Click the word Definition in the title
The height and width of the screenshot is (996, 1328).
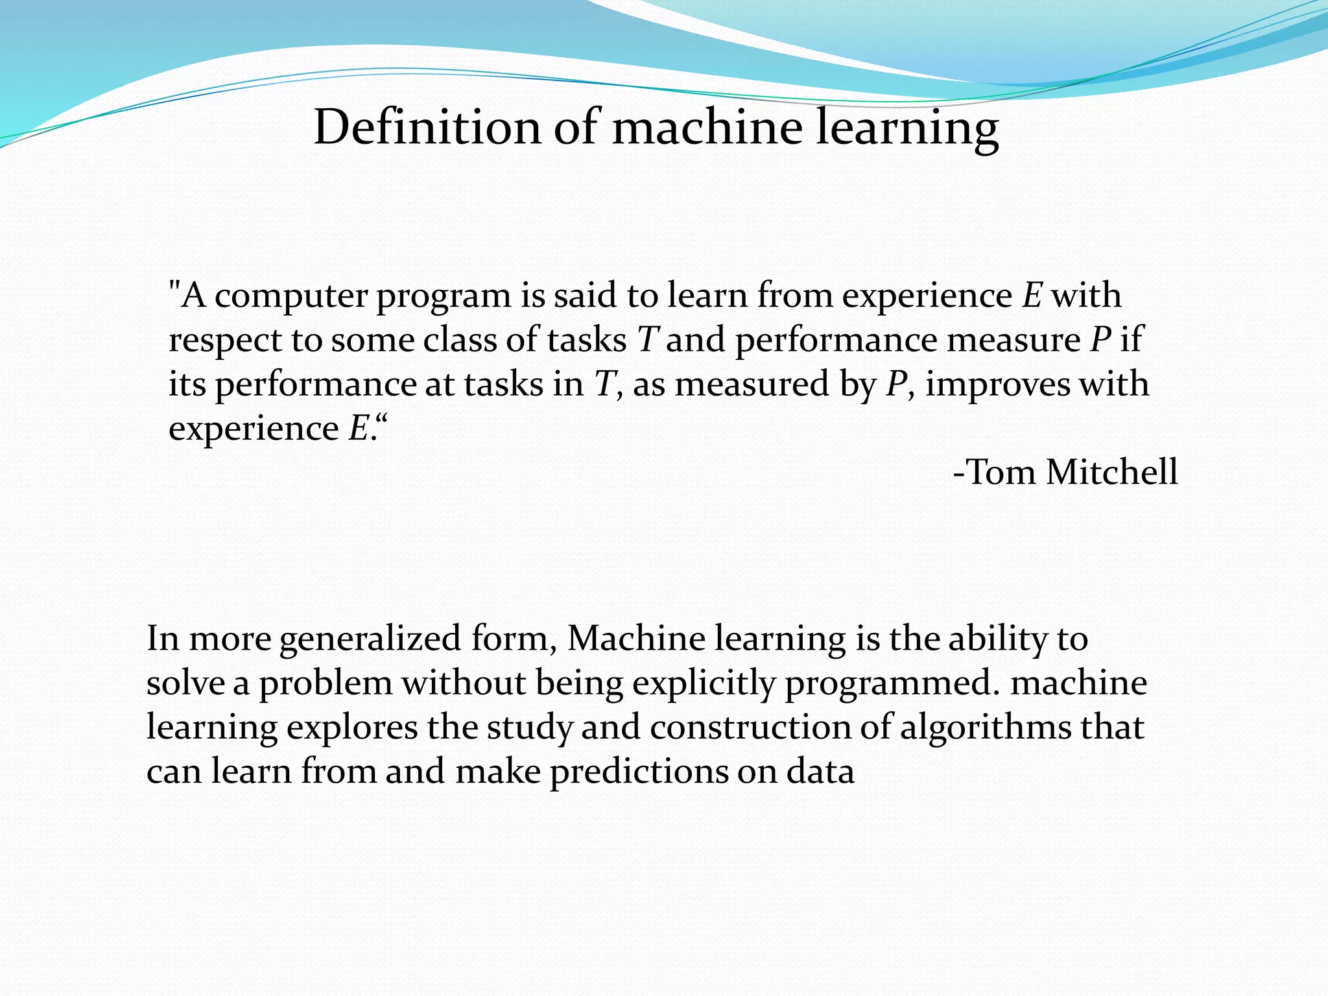[x=427, y=127]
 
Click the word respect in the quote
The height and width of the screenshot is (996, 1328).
[x=224, y=341]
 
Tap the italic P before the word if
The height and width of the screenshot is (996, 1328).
[x=1100, y=340]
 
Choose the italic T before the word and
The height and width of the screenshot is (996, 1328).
[x=648, y=340]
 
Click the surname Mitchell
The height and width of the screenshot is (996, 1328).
[x=1111, y=472]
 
